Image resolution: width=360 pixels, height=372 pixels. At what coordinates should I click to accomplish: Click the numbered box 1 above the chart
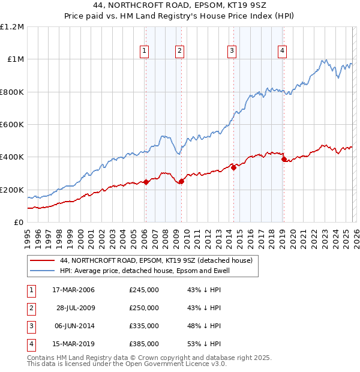[x=145, y=52]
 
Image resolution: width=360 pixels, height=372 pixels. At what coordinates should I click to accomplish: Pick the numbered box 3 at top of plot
[x=232, y=52]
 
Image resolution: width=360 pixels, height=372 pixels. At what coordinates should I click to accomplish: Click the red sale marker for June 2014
[x=233, y=168]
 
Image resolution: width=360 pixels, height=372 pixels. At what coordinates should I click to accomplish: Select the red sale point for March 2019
[x=284, y=160]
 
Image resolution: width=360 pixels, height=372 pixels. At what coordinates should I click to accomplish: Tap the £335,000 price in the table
[x=144, y=326]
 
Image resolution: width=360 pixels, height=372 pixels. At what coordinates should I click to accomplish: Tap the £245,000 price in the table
[x=144, y=290]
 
